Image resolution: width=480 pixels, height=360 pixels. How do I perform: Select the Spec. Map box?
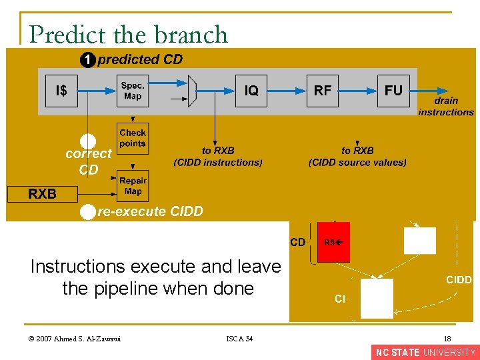click(x=133, y=91)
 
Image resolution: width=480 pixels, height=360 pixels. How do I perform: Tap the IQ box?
click(x=251, y=91)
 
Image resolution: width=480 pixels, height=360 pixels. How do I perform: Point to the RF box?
click(x=323, y=91)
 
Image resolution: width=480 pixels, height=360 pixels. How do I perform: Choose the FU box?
click(x=393, y=91)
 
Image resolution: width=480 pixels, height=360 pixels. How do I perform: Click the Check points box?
click(x=133, y=138)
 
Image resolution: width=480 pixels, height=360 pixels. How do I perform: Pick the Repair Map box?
click(x=133, y=186)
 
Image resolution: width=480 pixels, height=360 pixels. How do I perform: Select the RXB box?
click(x=42, y=194)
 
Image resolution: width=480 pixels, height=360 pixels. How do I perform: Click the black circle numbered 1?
click(x=87, y=60)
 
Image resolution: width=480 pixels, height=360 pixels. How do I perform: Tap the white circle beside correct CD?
click(x=88, y=141)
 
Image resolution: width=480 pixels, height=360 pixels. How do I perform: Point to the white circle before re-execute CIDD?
click(x=87, y=212)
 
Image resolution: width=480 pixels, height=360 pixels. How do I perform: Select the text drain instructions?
click(x=445, y=107)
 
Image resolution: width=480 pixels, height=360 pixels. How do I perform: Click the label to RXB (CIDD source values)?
click(x=357, y=157)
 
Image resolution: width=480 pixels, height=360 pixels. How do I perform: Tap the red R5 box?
click(x=333, y=242)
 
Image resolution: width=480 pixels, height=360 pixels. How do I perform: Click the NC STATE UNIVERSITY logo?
click(x=425, y=353)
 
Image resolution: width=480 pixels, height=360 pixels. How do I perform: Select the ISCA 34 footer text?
click(x=239, y=339)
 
